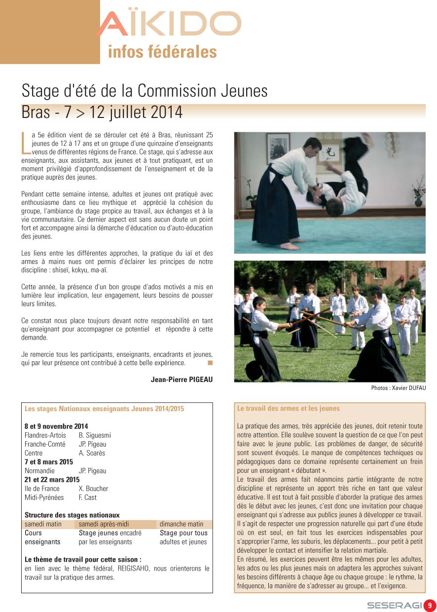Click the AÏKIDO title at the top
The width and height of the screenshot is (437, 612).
click(169, 24)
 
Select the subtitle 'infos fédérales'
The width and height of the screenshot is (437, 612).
click(162, 51)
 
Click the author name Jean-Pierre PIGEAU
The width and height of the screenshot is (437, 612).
click(182, 379)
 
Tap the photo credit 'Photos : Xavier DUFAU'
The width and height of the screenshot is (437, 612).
click(398, 388)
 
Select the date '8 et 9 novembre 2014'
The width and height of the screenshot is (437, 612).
click(56, 426)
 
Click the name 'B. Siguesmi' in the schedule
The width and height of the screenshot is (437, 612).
click(95, 435)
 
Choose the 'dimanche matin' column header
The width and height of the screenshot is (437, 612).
click(181, 524)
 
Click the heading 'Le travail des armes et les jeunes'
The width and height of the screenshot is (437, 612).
click(288, 409)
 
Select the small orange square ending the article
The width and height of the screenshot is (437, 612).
click(210, 363)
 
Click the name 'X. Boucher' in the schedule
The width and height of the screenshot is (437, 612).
click(93, 489)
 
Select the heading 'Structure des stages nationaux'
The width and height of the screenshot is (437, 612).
click(72, 515)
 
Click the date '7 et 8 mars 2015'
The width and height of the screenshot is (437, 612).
click(48, 462)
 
